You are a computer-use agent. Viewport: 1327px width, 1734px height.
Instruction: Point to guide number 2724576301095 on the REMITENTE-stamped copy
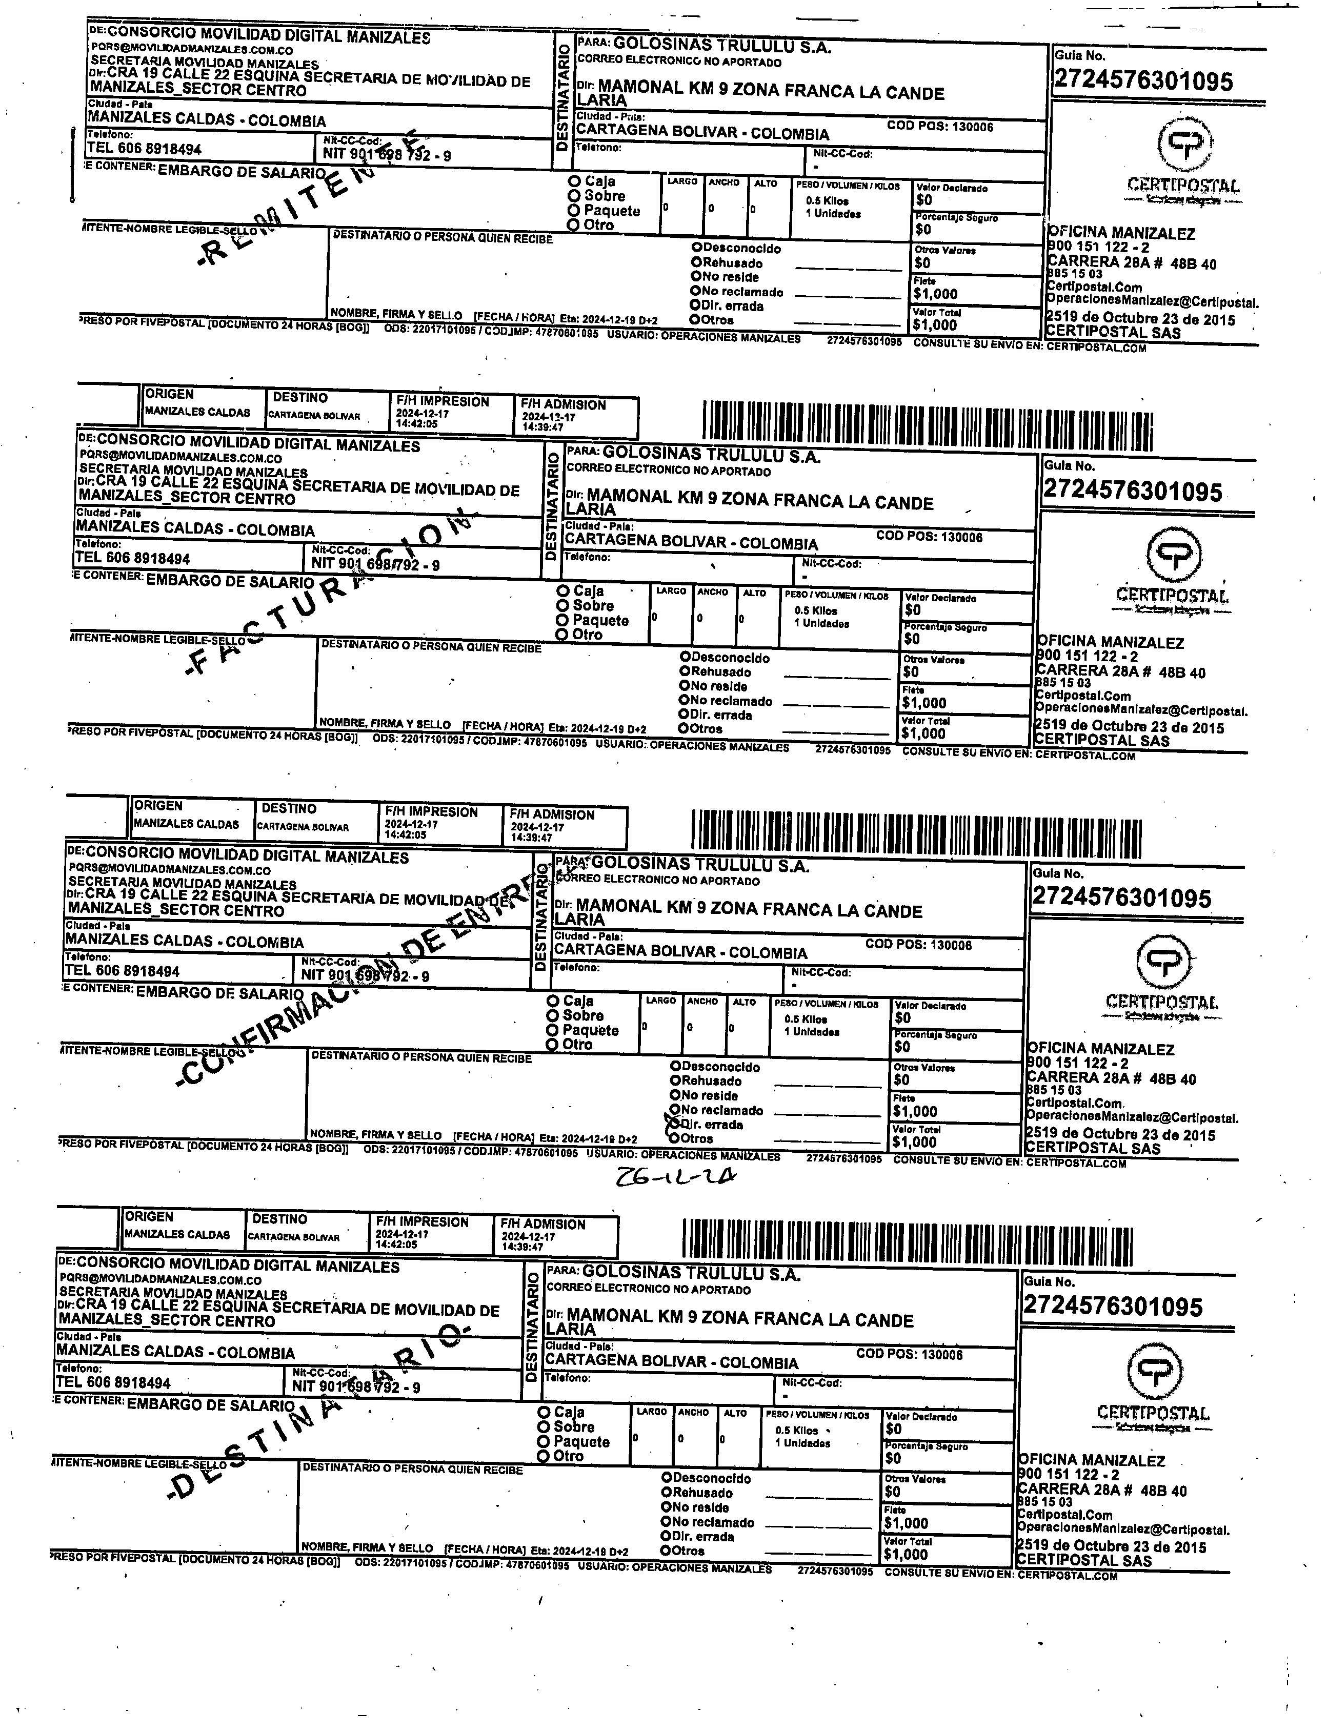point(1143,80)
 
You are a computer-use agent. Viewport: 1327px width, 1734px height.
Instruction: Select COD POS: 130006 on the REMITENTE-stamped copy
point(940,126)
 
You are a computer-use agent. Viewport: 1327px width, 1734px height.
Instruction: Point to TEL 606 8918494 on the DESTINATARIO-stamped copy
point(113,1382)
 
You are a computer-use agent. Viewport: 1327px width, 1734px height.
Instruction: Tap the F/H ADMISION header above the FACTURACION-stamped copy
point(563,405)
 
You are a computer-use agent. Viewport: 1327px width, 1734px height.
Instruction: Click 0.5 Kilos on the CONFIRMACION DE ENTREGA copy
point(806,1018)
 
